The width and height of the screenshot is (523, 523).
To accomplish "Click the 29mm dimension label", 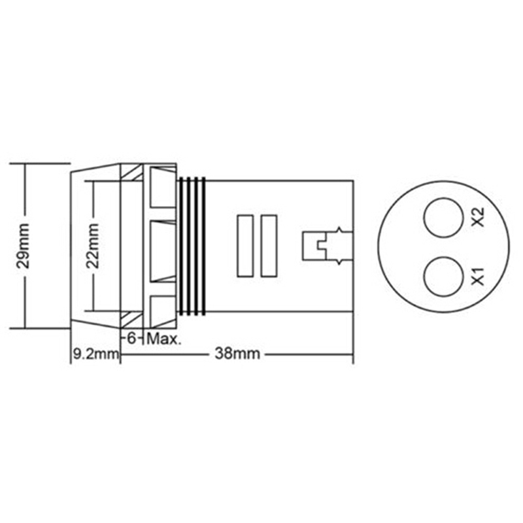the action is (24, 246).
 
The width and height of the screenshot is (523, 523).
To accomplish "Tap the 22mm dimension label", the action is (92, 246).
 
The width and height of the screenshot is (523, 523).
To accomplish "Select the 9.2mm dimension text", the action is (95, 354).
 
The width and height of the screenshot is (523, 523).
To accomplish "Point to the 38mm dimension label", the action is (237, 354).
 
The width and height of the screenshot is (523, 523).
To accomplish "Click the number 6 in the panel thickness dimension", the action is (132, 339).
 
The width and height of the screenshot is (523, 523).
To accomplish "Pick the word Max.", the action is (164, 339).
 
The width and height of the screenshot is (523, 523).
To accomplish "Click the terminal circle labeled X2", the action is (443, 218).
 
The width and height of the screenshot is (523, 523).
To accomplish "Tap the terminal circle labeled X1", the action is (444, 276).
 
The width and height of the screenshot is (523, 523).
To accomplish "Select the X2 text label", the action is (479, 217).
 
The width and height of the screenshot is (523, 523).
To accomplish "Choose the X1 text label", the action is (479, 276).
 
